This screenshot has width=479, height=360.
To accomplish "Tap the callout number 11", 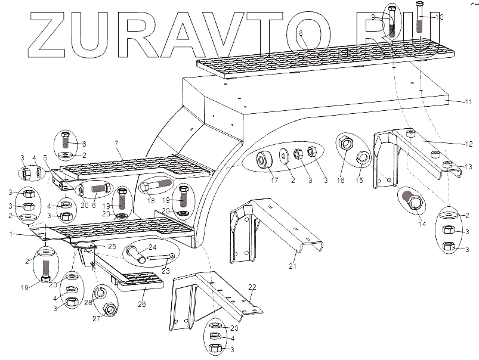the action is click(x=468, y=102).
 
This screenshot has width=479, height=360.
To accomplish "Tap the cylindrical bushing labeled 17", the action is click(x=263, y=160).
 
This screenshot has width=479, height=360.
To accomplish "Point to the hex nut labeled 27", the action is click(x=110, y=309).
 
